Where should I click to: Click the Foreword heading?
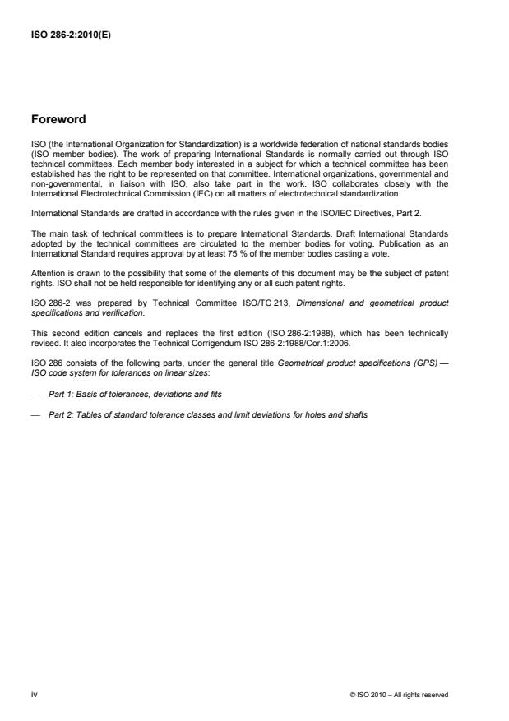[x=58, y=119]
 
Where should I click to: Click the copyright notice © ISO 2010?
[x=399, y=695]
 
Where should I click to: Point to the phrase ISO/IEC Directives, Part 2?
[x=354, y=213]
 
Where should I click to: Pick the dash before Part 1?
[x=35, y=395]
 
